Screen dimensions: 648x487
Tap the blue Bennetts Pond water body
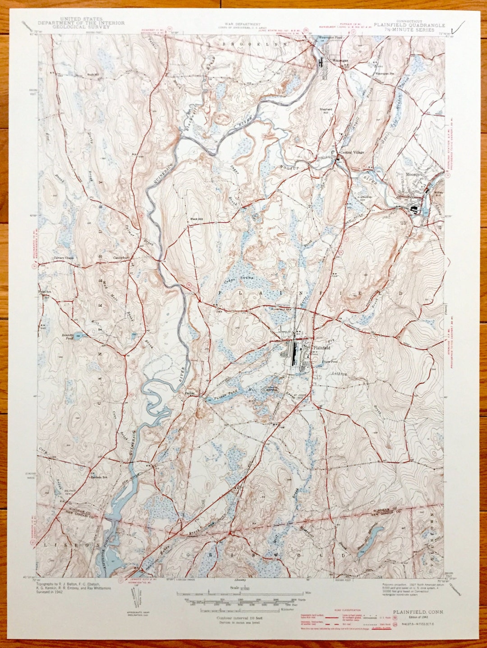(79, 335)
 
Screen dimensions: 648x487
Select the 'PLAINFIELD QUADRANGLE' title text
(409, 26)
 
